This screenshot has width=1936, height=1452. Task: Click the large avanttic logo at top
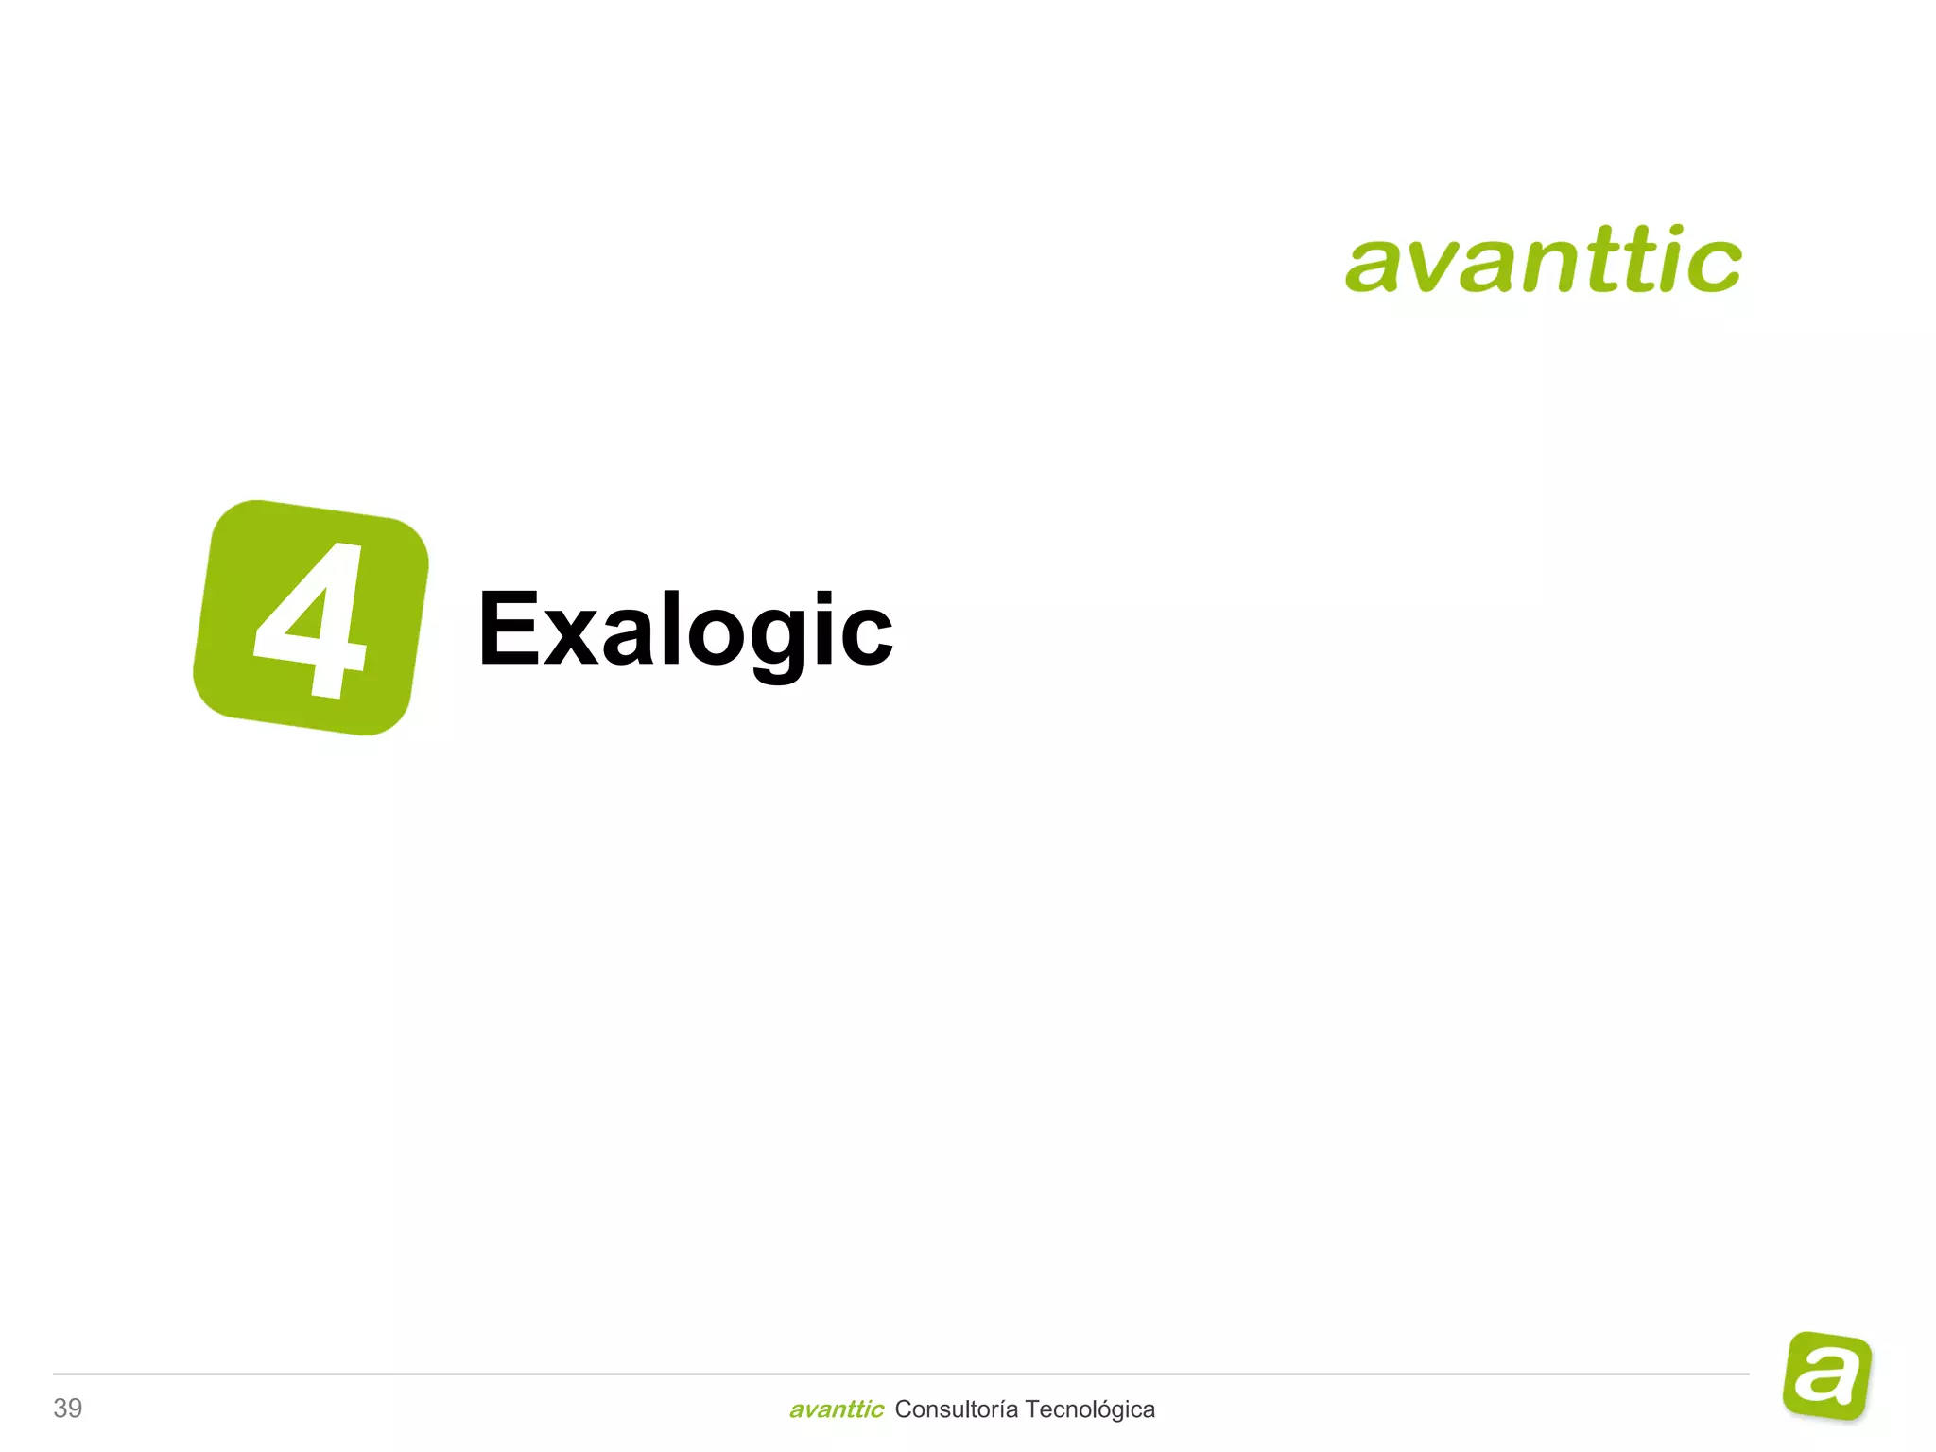tap(1543, 259)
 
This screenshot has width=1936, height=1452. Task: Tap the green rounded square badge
tap(310, 616)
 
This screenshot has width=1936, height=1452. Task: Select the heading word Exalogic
tap(685, 629)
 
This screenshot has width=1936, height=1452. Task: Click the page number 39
tap(68, 1408)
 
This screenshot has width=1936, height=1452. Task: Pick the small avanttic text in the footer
tap(836, 1409)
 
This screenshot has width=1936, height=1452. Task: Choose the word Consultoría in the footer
tap(956, 1409)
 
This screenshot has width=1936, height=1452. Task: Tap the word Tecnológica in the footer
tap(1090, 1409)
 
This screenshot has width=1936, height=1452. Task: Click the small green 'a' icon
tap(1827, 1375)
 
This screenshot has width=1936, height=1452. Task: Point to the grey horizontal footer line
tap(898, 1374)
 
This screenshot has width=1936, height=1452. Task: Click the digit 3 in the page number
tap(60, 1408)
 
